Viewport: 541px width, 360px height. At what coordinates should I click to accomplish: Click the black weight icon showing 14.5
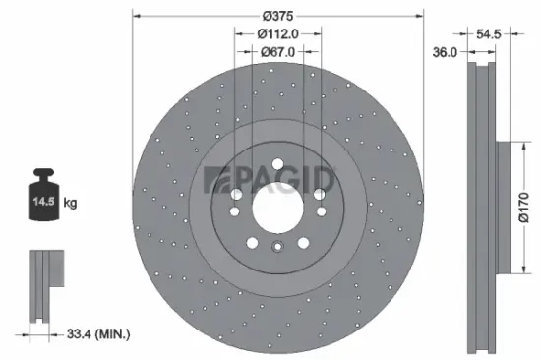click(x=44, y=200)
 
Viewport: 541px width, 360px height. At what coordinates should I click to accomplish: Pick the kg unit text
click(x=71, y=204)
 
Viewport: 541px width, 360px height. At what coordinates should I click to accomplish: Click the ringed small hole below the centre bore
click(x=277, y=249)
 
